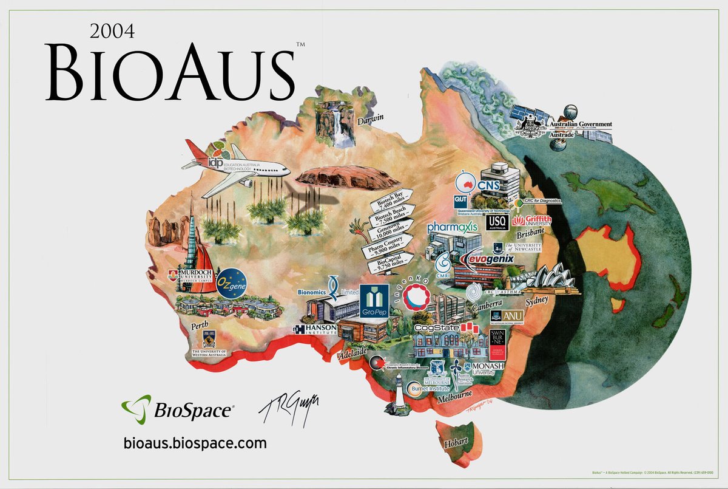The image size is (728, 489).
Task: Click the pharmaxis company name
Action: (452, 227)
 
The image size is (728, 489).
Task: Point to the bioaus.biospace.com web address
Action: (195, 442)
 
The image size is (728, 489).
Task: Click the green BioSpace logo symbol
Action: (135, 408)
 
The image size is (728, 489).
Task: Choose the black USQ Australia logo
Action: (497, 222)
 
